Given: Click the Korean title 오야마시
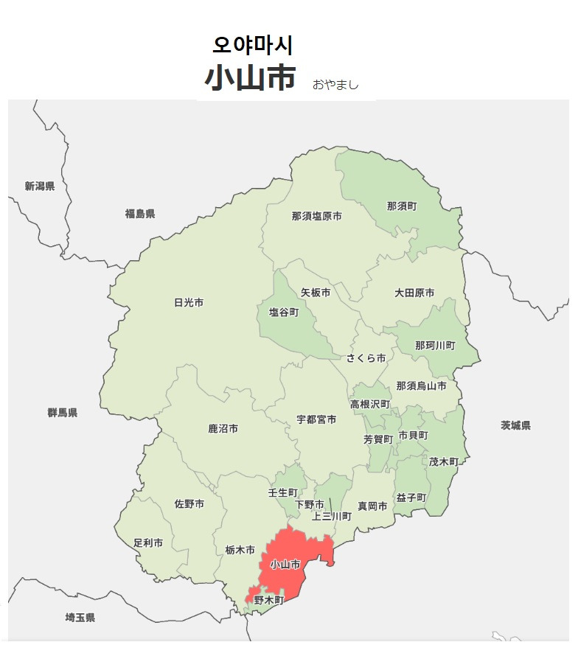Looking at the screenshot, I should pyautogui.click(x=253, y=46).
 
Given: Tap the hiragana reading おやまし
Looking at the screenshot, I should pyautogui.click(x=335, y=85).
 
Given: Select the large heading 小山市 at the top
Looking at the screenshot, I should pyautogui.click(x=251, y=78).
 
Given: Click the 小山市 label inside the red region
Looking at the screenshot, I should pyautogui.click(x=285, y=565).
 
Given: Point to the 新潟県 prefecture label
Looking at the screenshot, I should pyautogui.click(x=40, y=186).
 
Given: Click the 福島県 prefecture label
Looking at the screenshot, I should pyautogui.click(x=140, y=214).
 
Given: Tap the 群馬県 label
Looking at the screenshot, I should pyautogui.click(x=63, y=413).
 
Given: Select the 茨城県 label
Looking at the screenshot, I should pyautogui.click(x=515, y=425).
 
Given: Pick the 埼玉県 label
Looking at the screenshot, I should pyautogui.click(x=80, y=617).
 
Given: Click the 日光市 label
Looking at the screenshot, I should pyautogui.click(x=189, y=302).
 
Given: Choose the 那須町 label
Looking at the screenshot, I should pyautogui.click(x=402, y=206).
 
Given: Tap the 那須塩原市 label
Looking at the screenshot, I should pyautogui.click(x=317, y=217).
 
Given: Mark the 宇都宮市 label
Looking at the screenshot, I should pyautogui.click(x=316, y=419).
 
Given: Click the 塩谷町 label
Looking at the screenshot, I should pyautogui.click(x=284, y=313).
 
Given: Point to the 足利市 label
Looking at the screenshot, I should pyautogui.click(x=148, y=542).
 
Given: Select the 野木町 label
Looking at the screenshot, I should pyautogui.click(x=268, y=601).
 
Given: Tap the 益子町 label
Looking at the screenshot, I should pyautogui.click(x=411, y=498).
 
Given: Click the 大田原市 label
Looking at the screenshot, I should pyautogui.click(x=414, y=293).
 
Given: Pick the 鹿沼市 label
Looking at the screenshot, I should pyautogui.click(x=223, y=428).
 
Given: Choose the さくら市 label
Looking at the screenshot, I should pyautogui.click(x=366, y=358).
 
